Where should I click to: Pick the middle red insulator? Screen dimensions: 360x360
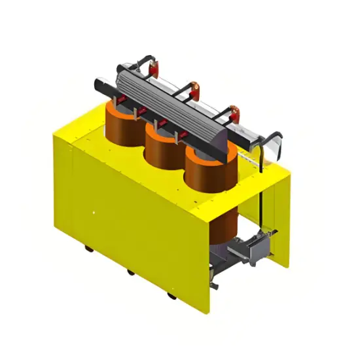click(195, 88)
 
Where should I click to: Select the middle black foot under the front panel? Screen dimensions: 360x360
click(130, 272)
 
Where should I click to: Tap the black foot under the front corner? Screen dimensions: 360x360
click(171, 295)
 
